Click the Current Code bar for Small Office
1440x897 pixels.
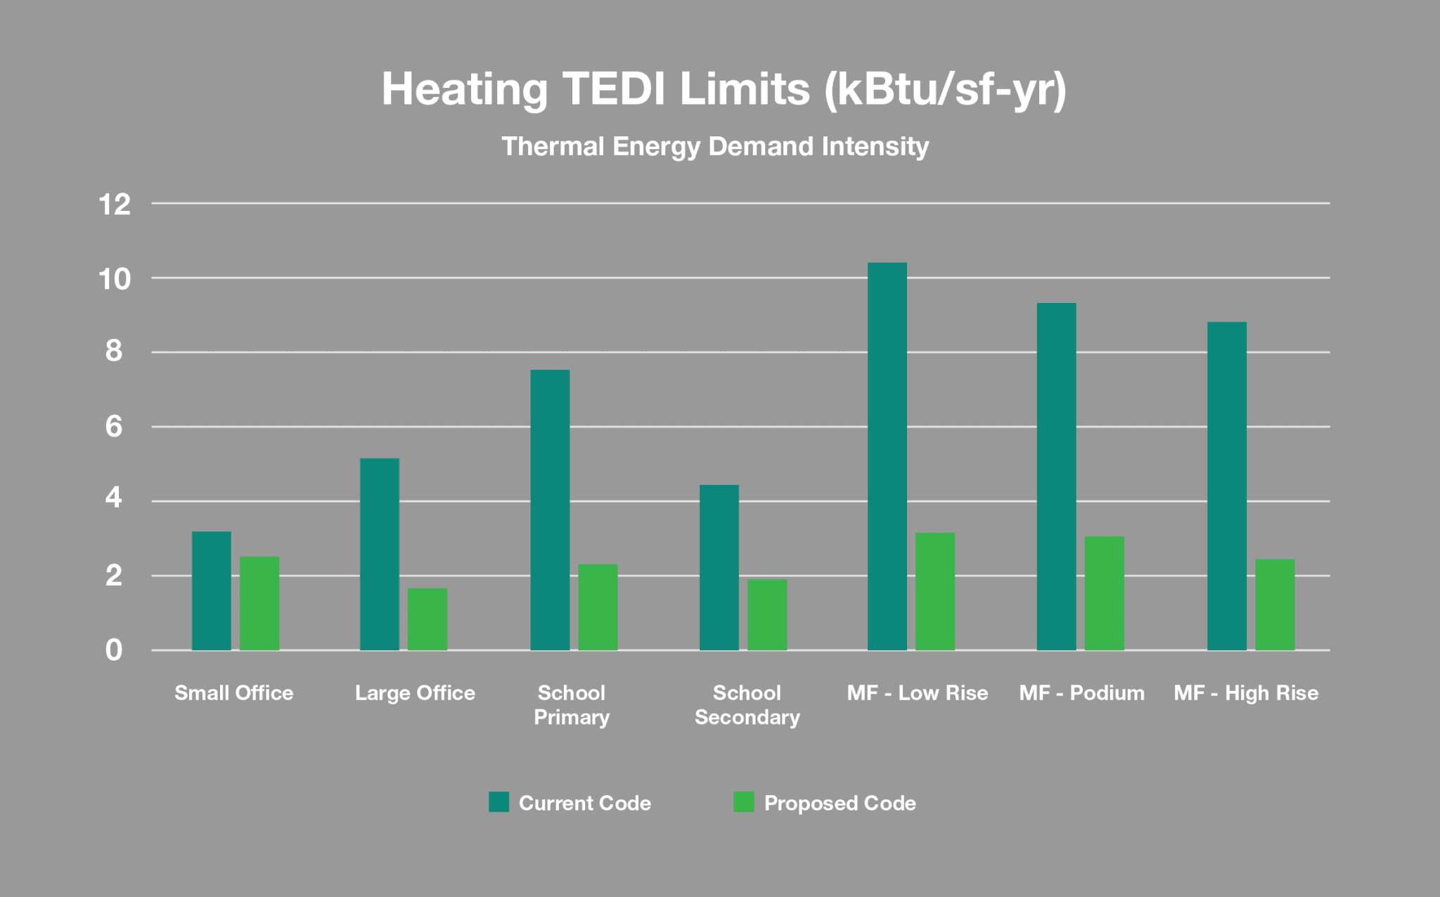pyautogui.click(x=211, y=591)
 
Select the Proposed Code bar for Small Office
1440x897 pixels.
pyautogui.click(x=259, y=603)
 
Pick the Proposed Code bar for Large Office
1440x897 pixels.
pyautogui.click(x=427, y=619)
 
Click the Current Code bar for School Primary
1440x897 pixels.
pyautogui.click(x=550, y=510)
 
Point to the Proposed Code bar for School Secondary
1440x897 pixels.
pyautogui.click(x=767, y=615)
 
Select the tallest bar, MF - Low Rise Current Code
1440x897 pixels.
pyautogui.click(x=887, y=456)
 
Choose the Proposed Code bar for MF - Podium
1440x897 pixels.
pyautogui.click(x=1105, y=593)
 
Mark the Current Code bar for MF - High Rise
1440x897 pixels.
pyautogui.click(x=1227, y=486)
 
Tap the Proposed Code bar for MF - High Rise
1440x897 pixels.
pyautogui.click(x=1275, y=605)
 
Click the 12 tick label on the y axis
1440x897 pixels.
pyautogui.click(x=115, y=205)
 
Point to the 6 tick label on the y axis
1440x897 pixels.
pyautogui.click(x=114, y=427)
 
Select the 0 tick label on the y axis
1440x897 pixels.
pyautogui.click(x=114, y=650)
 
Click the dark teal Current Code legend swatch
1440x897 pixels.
pyautogui.click(x=499, y=802)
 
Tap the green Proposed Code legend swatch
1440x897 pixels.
pyautogui.click(x=743, y=802)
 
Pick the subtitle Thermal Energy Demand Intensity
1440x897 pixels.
pyautogui.click(x=715, y=147)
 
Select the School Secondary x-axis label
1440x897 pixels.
pyautogui.click(x=747, y=705)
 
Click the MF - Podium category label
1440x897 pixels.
pyautogui.click(x=1081, y=693)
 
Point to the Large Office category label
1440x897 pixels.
pyautogui.click(x=415, y=693)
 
